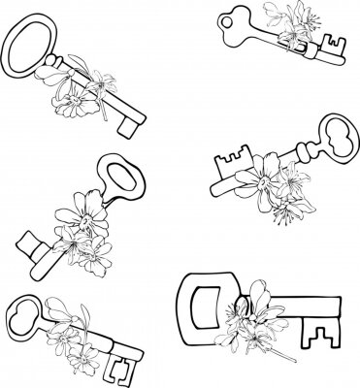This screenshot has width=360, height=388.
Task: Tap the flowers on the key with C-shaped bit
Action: click(x=69, y=336)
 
